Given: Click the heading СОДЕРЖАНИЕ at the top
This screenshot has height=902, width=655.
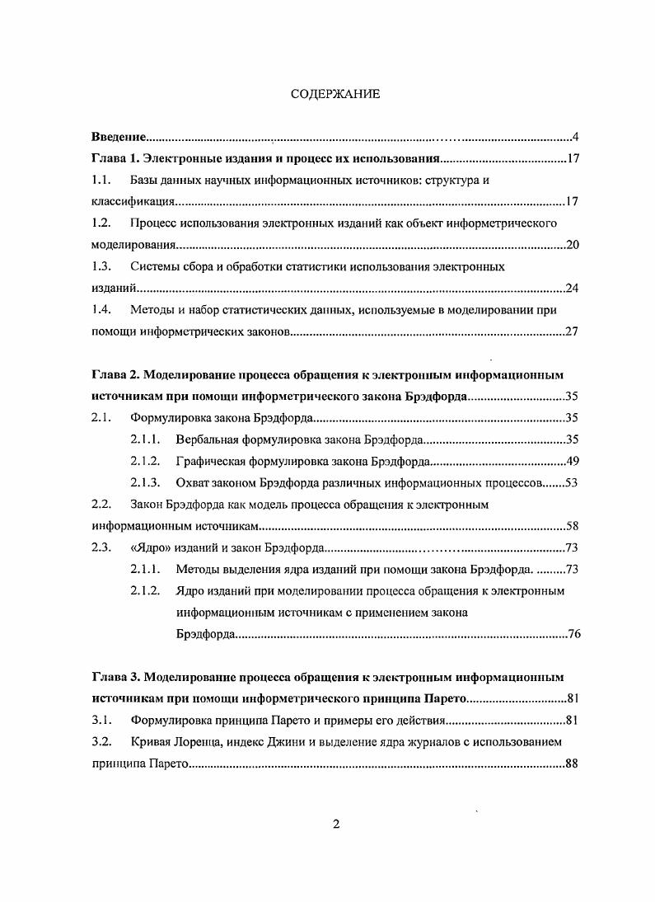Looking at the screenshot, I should [x=335, y=94].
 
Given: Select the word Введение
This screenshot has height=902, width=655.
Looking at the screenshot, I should [x=119, y=137].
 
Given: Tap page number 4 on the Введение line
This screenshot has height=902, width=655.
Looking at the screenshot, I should [x=576, y=137].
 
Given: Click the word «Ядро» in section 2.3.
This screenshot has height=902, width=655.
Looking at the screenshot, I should [x=151, y=547].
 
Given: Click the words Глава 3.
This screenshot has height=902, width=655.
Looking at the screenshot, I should [x=115, y=678].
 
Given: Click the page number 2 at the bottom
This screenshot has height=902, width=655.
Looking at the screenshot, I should [x=335, y=825].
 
